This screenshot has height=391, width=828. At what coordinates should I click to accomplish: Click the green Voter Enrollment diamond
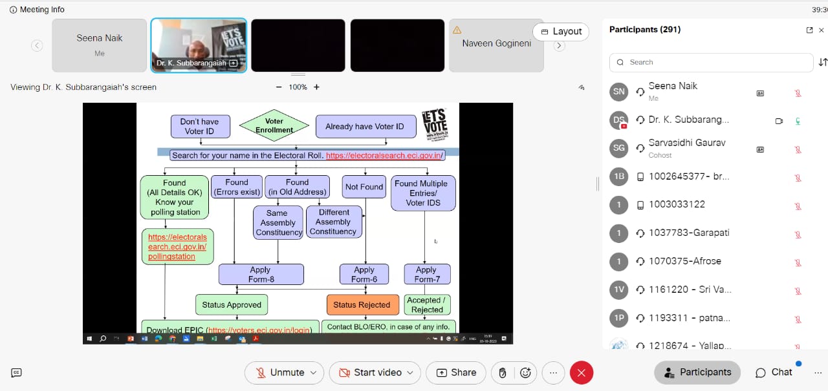274,125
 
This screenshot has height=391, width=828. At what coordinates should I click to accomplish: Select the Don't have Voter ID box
199,126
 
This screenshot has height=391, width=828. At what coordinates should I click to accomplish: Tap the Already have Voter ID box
364,126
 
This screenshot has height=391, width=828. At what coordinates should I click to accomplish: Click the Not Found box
364,187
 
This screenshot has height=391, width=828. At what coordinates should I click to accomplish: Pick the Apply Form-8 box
260,275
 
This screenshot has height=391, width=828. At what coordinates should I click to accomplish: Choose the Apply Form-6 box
364,275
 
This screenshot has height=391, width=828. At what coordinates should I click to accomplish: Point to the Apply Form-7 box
426,275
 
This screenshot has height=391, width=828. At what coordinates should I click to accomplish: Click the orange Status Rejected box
362,305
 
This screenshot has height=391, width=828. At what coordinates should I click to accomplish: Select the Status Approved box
232,305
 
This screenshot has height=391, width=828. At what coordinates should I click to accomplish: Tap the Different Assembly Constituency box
333,222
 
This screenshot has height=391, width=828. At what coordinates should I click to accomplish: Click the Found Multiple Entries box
424,193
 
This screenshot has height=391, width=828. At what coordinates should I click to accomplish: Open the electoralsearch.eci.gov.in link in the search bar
384,155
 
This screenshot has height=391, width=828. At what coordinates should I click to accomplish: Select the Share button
456,372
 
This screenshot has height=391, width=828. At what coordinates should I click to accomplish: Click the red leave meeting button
581,372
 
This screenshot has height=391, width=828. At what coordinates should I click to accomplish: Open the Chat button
774,372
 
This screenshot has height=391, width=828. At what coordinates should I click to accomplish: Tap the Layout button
561,31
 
